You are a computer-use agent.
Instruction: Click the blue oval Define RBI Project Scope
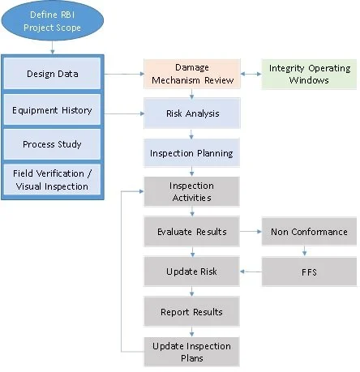[52, 24]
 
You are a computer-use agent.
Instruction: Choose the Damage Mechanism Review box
[192, 74]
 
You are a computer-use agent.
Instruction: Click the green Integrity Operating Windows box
[310, 74]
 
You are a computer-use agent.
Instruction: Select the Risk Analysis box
[192, 114]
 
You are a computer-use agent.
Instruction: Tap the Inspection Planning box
[192, 152]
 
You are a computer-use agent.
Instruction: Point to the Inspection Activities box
[192, 191]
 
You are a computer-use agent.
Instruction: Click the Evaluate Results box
[192, 232]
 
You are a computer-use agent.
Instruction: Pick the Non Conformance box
[310, 232]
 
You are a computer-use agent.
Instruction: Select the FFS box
[310, 271]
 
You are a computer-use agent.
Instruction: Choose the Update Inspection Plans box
[192, 351]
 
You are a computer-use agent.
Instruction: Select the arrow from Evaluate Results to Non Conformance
[251, 232]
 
